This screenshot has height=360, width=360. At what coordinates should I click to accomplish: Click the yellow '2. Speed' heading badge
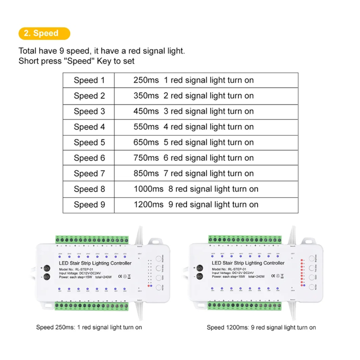point(44,33)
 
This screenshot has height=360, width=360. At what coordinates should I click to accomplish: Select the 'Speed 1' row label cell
point(89,80)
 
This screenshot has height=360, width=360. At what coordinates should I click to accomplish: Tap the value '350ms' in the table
point(146,96)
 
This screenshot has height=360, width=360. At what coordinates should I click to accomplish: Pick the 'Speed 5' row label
point(89,143)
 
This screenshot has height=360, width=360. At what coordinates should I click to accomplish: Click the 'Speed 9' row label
point(89,205)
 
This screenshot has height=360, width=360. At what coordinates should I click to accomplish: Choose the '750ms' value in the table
point(146,158)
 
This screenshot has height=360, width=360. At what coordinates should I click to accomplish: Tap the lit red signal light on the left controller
point(148,286)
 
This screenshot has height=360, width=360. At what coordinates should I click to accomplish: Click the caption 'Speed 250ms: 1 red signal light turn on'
point(89,327)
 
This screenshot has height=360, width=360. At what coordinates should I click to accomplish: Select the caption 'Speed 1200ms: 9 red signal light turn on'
point(261,328)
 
